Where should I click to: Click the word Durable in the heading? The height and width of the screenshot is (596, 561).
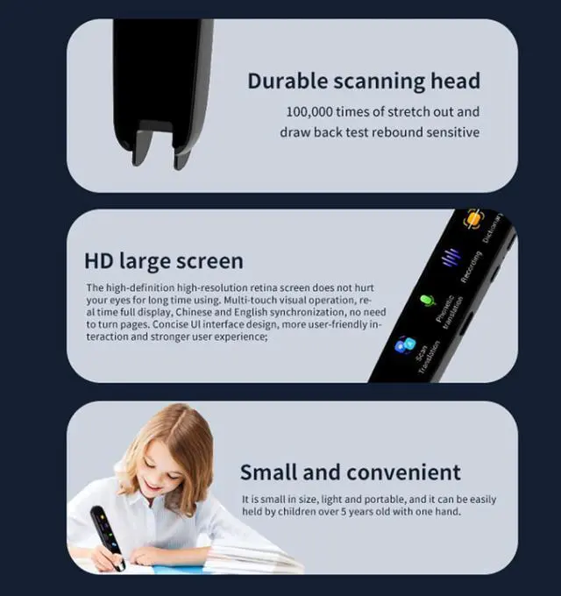(285, 82)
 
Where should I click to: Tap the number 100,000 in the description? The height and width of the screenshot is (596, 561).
(314, 112)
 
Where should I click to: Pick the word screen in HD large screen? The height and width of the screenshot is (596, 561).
(209, 260)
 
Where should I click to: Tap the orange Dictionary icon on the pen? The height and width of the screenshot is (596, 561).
(473, 219)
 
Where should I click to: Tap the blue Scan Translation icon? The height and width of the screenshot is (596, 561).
(404, 344)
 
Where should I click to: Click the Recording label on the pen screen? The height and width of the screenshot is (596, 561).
(471, 266)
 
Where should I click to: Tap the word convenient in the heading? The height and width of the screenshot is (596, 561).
(403, 472)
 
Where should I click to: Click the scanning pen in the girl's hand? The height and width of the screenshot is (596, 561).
(105, 536)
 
